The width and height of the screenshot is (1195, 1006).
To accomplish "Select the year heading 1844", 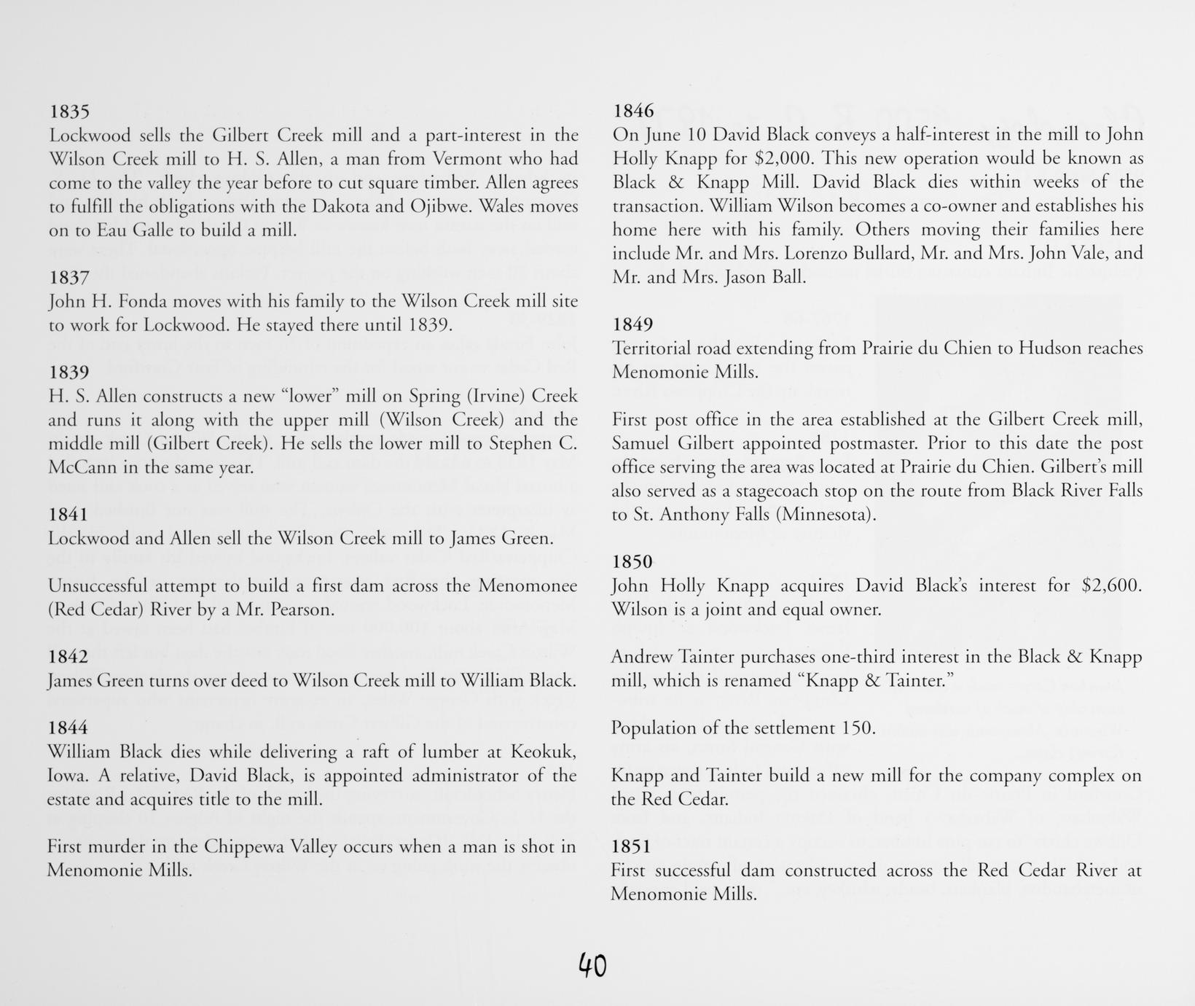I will coord(68,728).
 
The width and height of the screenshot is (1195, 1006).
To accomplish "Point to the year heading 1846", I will coord(633,111).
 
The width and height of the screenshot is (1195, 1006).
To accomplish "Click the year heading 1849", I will coord(632,324).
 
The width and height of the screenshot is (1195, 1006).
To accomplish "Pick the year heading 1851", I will coord(631,846).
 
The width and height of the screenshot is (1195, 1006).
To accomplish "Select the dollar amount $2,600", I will coord(1112,585).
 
